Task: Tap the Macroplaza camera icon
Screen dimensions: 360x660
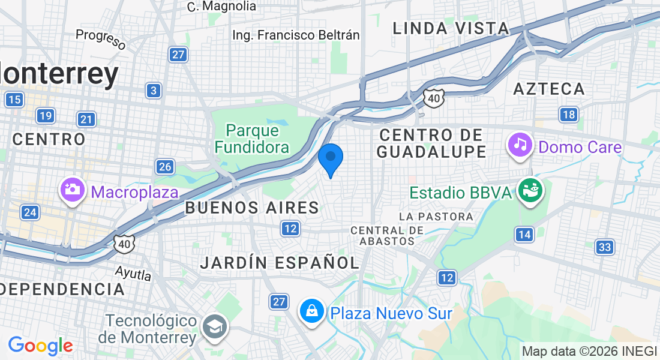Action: pyautogui.click(x=72, y=190)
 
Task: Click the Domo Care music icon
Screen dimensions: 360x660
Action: pyautogui.click(x=520, y=144)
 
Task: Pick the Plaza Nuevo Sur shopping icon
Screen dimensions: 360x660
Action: pyautogui.click(x=312, y=311)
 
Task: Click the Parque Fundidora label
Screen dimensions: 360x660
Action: pyautogui.click(x=253, y=139)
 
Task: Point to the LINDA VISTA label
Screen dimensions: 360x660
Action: pyautogui.click(x=451, y=28)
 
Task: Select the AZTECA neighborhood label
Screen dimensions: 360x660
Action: pyautogui.click(x=549, y=89)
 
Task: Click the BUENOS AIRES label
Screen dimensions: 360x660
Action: pyautogui.click(x=252, y=208)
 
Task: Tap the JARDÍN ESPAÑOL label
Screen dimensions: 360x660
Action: pyautogui.click(x=280, y=262)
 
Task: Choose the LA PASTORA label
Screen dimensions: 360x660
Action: pyautogui.click(x=436, y=216)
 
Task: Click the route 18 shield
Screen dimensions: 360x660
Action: pyautogui.click(x=568, y=115)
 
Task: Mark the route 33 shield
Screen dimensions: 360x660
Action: pyautogui.click(x=605, y=247)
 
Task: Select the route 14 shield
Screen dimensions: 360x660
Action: pyautogui.click(x=524, y=234)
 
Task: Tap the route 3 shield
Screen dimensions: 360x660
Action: pyautogui.click(x=154, y=91)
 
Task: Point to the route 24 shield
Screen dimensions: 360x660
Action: pyautogui.click(x=29, y=212)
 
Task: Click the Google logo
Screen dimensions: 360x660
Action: pyautogui.click(x=40, y=346)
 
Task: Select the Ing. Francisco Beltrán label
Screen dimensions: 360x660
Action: pyautogui.click(x=296, y=35)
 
